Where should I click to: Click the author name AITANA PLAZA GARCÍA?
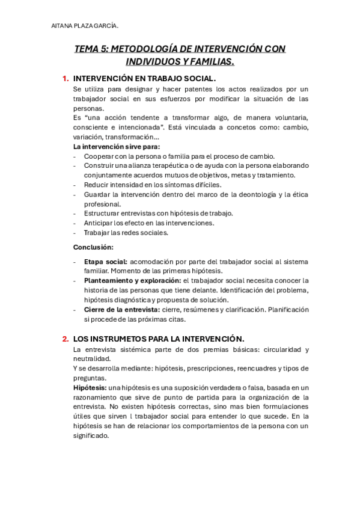85,25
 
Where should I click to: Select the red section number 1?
65,79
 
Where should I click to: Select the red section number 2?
65,339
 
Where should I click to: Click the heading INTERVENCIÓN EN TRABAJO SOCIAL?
144,79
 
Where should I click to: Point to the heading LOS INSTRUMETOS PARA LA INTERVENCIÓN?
158,339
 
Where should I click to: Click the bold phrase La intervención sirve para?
117,146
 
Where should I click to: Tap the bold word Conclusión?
93,247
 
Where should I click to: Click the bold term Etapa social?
105,261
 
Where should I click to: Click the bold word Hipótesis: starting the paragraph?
90,388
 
